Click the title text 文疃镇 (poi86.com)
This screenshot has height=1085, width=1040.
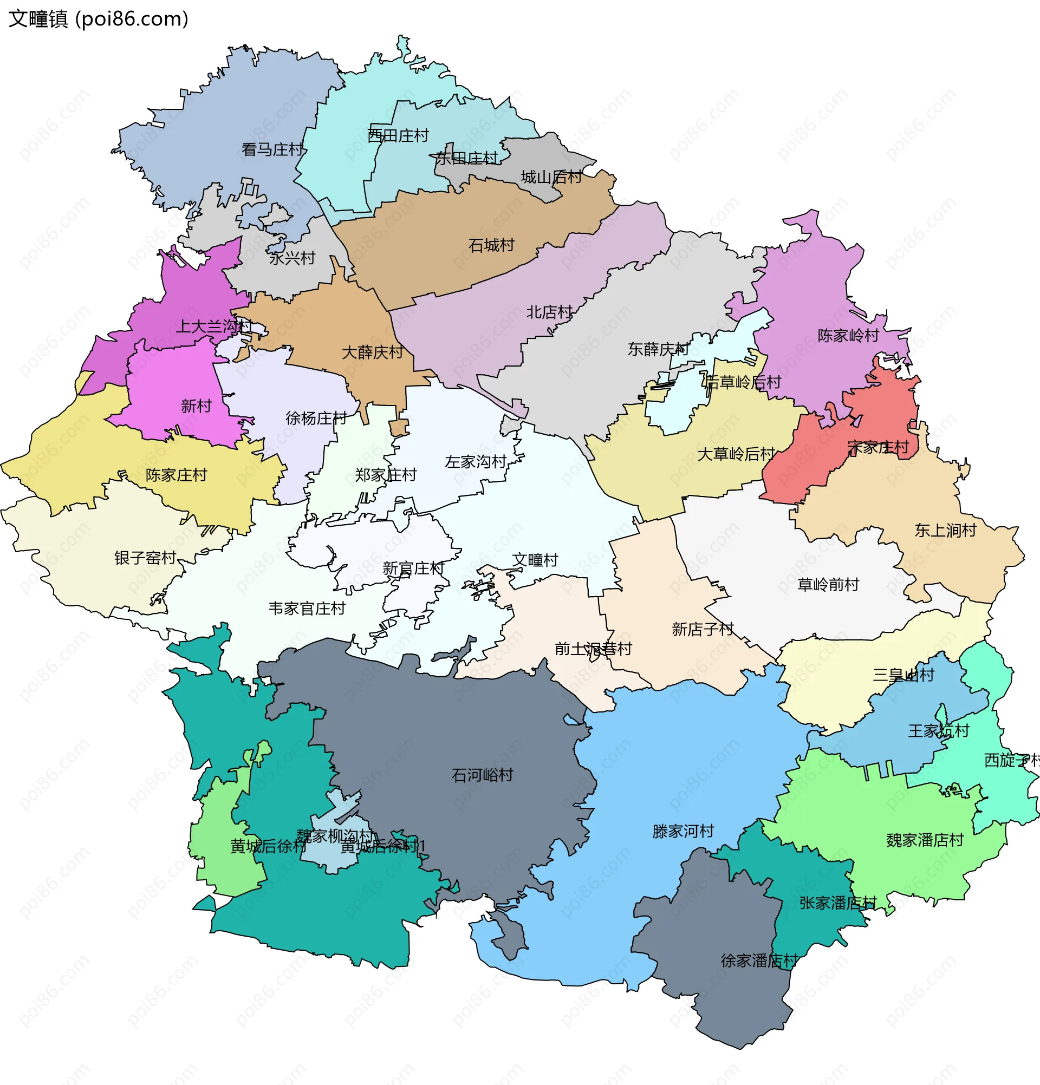pyautogui.click(x=99, y=19)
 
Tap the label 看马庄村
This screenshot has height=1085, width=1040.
pyautogui.click(x=272, y=149)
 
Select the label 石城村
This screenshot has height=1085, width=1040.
pyautogui.click(x=491, y=245)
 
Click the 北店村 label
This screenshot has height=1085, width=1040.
pyautogui.click(x=549, y=313)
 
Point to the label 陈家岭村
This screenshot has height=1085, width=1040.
pyautogui.click(x=848, y=336)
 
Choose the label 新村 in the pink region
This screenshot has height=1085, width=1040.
pyautogui.click(x=196, y=406)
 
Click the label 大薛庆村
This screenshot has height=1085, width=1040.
pyautogui.click(x=372, y=352)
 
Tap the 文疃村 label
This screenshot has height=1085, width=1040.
pyautogui.click(x=535, y=560)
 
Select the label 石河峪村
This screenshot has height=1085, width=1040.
pyautogui.click(x=482, y=775)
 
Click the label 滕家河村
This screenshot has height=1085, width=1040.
pyautogui.click(x=683, y=832)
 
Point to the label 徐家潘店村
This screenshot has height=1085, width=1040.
pyautogui.click(x=759, y=960)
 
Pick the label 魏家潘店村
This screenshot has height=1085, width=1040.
pyautogui.click(x=924, y=840)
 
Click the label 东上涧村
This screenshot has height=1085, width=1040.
pyautogui.click(x=945, y=531)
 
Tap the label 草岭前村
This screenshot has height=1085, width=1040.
pyautogui.click(x=828, y=585)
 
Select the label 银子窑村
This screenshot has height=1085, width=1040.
pyautogui.click(x=145, y=558)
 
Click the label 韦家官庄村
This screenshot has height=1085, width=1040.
pyautogui.click(x=307, y=609)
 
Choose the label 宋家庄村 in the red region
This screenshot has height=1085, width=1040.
pyautogui.click(x=877, y=447)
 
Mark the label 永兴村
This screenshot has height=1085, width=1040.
pyautogui.click(x=292, y=258)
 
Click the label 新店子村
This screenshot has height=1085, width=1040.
pyautogui.click(x=702, y=629)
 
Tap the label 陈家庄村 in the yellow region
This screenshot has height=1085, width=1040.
pyautogui.click(x=176, y=475)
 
